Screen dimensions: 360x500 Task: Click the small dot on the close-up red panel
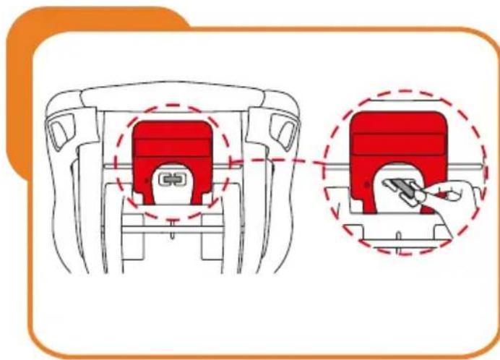[366, 185]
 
